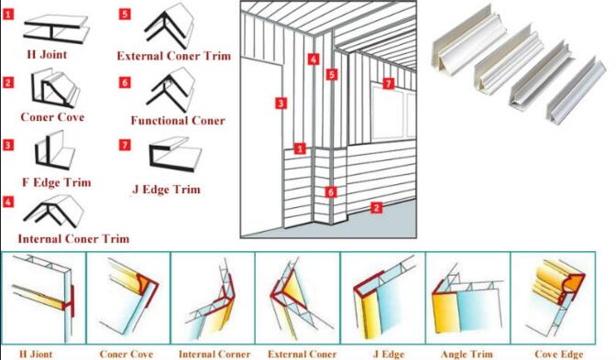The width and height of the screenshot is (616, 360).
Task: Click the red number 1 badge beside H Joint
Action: tap(8, 15)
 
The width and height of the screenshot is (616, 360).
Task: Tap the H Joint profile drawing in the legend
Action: tap(56, 28)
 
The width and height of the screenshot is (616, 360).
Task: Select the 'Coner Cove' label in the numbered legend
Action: tap(52, 117)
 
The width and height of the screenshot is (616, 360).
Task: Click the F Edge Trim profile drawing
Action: tap(55, 149)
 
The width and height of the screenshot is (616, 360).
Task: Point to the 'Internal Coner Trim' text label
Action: tap(73, 239)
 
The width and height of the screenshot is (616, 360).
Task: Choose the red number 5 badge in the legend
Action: tap(125, 14)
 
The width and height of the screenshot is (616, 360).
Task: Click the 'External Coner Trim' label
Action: tap(173, 56)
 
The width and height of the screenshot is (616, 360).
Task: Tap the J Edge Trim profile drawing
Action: tap(175, 154)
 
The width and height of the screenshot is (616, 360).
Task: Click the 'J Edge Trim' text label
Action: tap(167, 190)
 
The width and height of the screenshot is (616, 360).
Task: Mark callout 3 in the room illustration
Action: tap(280, 104)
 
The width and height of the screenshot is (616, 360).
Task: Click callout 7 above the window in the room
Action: tap(388, 83)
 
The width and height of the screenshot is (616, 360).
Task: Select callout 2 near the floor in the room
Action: tap(377, 207)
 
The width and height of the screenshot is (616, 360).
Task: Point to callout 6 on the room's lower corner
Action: tap(331, 192)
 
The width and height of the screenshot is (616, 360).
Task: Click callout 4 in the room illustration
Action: tap(313, 60)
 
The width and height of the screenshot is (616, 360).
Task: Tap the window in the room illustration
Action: tap(393, 114)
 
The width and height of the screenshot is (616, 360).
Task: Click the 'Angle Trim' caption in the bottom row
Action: tap(467, 355)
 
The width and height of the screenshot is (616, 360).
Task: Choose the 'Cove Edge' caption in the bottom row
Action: tap(558, 355)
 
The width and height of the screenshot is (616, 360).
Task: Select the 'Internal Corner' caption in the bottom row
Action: tap(214, 355)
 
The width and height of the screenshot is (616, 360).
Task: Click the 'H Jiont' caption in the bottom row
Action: tap(36, 355)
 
